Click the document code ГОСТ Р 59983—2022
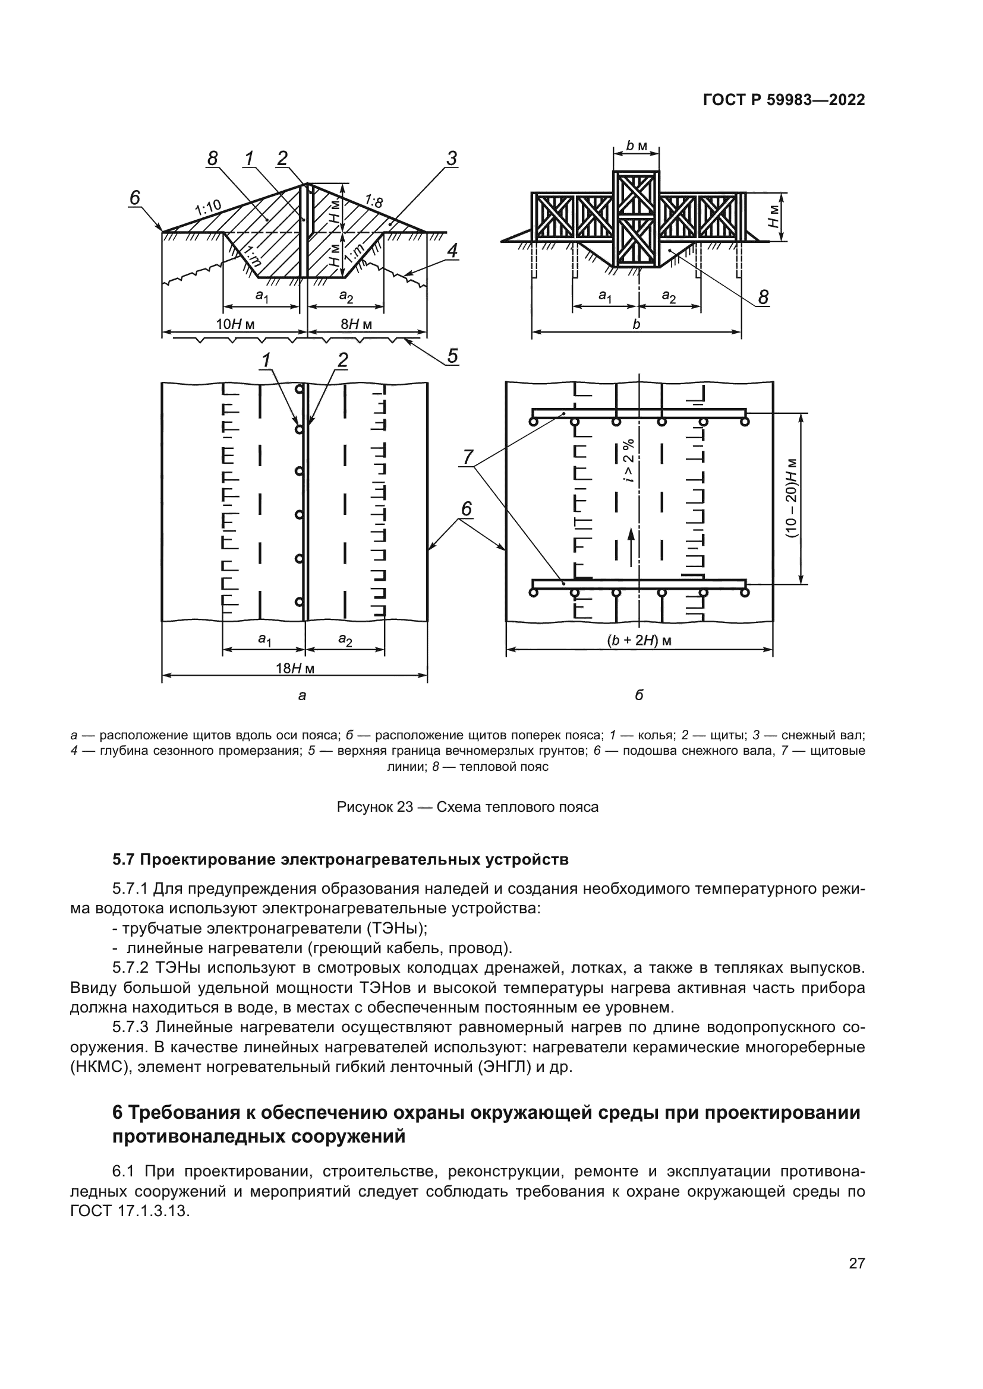[x=783, y=100]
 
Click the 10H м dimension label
[x=235, y=324]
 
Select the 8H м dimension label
[x=356, y=324]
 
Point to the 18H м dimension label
[x=295, y=669]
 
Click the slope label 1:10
[x=207, y=208]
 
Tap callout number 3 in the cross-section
[x=451, y=159]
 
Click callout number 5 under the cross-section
[x=452, y=356]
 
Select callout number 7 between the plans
[x=467, y=457]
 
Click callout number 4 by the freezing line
[x=452, y=251]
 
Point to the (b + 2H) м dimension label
[x=640, y=641]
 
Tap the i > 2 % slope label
[x=629, y=460]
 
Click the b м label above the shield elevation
[x=636, y=146]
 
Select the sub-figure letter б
[x=639, y=696]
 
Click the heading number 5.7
[x=125, y=860]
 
